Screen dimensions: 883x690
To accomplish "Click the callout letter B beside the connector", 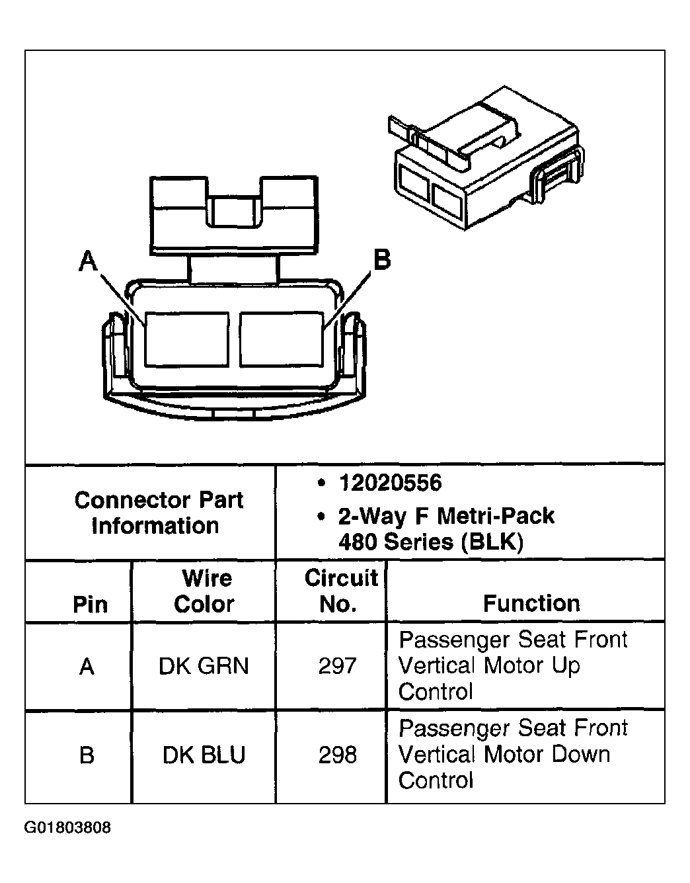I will pos(382,259).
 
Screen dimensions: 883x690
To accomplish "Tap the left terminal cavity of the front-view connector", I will pos(186,339).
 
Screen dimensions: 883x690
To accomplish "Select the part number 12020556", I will pos(389,483).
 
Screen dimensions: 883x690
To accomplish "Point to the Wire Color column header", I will pos(205,591).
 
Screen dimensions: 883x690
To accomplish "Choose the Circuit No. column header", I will pos(340,591).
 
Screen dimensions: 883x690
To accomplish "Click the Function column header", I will pos(531,603).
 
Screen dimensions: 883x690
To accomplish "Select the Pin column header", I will pos(90,604).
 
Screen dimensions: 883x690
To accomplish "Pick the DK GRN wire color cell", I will pos(204,665).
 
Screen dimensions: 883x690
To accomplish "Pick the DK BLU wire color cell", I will pos(204,755).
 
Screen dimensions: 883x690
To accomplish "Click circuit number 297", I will pos(337,665).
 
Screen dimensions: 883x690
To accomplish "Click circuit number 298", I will pos(337,755).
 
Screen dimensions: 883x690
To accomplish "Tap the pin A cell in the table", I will pos(87,666).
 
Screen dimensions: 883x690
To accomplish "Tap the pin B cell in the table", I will pos(87,755).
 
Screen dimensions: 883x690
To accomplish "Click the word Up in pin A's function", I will pos(564,665).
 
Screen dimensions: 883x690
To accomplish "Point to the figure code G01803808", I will pos(67,827).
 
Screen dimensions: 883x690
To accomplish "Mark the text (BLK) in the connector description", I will pos(492,542).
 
